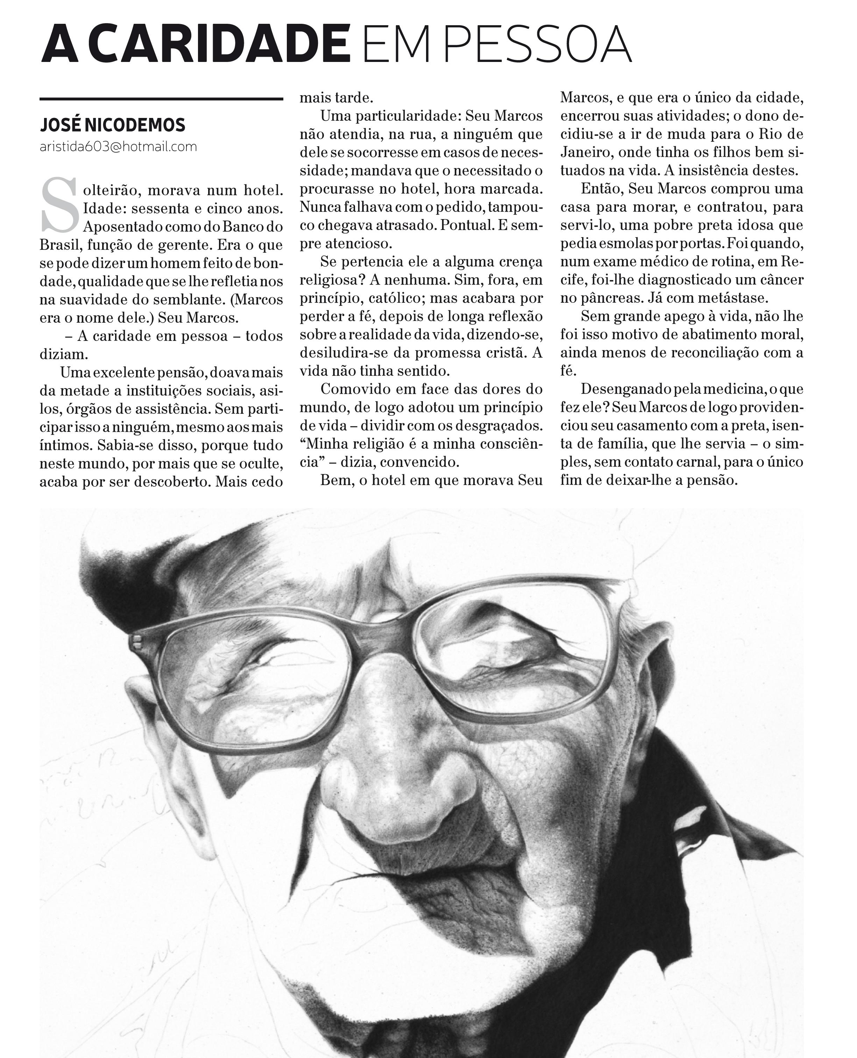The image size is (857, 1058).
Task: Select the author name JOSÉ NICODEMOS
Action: click(x=113, y=125)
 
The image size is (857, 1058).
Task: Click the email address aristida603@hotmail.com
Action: click(x=119, y=147)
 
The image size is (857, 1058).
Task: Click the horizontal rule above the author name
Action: click(x=161, y=99)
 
